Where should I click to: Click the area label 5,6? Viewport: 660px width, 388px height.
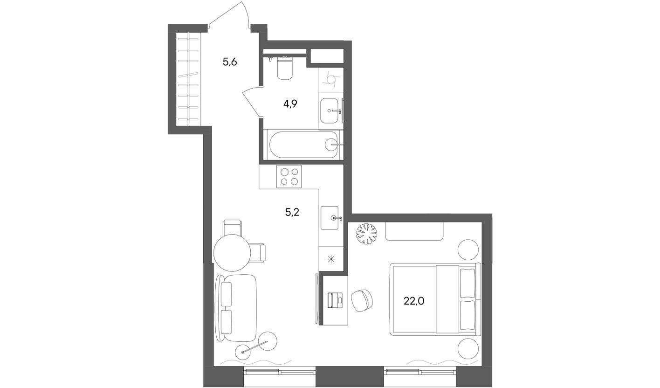(x=230, y=62)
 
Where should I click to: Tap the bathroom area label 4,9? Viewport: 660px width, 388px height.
(x=290, y=104)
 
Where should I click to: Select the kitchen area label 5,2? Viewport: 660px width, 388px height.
(x=292, y=213)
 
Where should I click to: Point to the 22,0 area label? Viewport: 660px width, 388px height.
(x=414, y=301)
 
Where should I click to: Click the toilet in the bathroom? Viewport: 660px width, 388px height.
(x=284, y=69)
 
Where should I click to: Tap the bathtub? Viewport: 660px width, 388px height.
(x=303, y=145)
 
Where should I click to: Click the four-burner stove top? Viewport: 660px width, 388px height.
(x=289, y=176)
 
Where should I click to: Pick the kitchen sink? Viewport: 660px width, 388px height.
(x=331, y=217)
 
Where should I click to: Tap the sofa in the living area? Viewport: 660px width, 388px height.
(x=237, y=307)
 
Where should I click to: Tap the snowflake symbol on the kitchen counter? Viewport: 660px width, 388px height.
(x=331, y=260)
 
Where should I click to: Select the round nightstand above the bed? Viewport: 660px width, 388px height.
(x=468, y=250)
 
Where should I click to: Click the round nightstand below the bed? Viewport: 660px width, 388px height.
(x=468, y=348)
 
